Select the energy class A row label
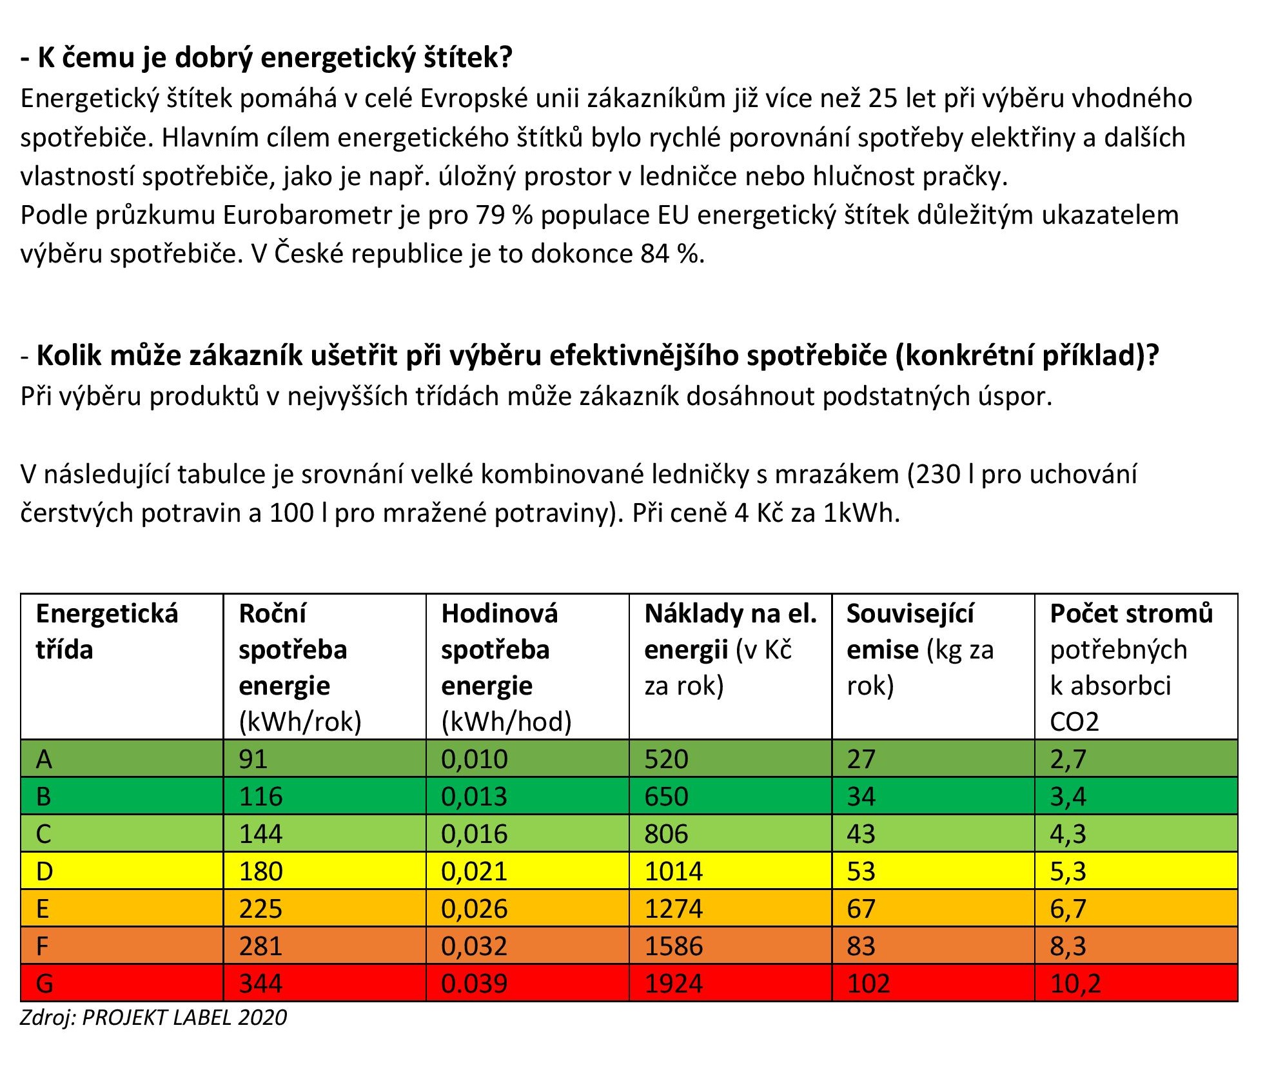[x=44, y=759]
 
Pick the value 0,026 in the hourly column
[x=474, y=909]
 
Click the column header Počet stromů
[x=1131, y=613]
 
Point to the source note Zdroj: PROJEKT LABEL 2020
[x=153, y=1017]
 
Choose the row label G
[x=44, y=984]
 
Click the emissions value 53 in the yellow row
[x=861, y=871]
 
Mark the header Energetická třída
[x=106, y=631]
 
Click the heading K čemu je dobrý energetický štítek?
[x=266, y=58]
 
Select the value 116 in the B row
[x=260, y=797]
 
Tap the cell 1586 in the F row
[x=673, y=946]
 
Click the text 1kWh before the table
[x=861, y=513]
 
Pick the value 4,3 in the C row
[x=1068, y=834]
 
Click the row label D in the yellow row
[x=44, y=871]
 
